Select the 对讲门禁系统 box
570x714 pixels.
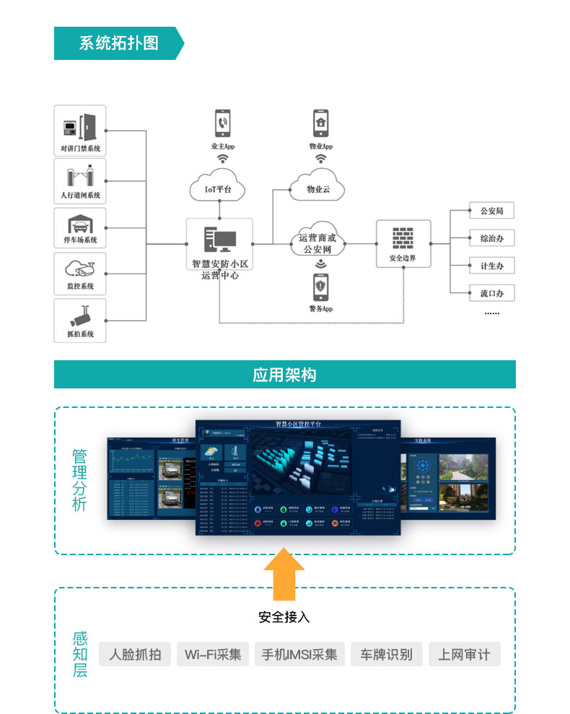pos(80,131)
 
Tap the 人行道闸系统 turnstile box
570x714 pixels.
pos(80,180)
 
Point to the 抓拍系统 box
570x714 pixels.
pos(80,321)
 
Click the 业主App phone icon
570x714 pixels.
pos(223,123)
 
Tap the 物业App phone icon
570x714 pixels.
pos(321,123)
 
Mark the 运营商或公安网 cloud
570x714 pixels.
pos(317,242)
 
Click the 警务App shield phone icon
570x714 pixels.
pos(320,287)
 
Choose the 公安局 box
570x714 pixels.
pos(491,212)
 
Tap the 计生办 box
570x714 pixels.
pos(491,266)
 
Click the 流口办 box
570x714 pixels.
pos(491,293)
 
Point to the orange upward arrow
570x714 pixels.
pos(284,574)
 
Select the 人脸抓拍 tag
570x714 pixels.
pos(135,655)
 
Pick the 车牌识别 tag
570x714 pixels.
pos(387,655)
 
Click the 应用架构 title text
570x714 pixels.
pos(284,375)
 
